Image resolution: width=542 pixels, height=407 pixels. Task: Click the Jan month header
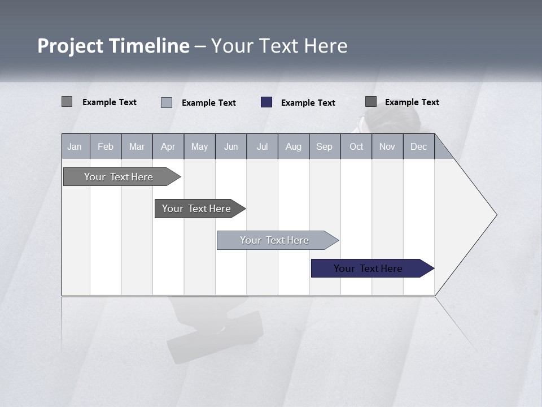[75, 146]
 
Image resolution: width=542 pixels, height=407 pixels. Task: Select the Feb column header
[106, 146]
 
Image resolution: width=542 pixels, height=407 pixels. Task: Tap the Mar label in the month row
[137, 146]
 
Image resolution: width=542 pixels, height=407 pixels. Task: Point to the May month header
[199, 146]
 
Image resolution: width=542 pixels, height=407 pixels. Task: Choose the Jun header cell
[231, 146]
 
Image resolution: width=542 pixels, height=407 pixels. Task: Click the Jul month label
[262, 146]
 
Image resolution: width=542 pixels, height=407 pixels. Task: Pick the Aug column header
[294, 146]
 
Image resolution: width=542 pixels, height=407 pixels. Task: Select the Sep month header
[325, 146]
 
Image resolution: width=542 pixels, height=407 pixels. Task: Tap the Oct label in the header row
[356, 146]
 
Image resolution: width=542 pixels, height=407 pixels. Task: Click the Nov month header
[387, 146]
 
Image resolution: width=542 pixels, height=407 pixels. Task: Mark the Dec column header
[419, 146]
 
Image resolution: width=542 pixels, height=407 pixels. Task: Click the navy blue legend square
[266, 102]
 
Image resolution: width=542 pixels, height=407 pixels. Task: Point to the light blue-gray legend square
[167, 102]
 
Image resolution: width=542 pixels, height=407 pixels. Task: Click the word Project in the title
[71, 46]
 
